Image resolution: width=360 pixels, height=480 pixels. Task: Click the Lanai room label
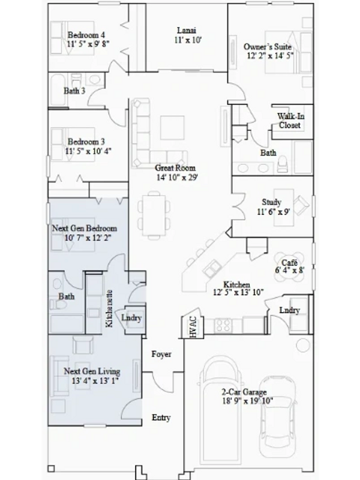[187, 31]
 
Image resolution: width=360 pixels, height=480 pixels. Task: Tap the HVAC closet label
[193, 327]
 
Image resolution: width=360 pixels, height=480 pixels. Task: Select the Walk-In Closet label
[290, 121]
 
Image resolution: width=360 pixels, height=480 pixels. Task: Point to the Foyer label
[161, 354]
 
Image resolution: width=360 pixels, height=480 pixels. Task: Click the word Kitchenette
[109, 308]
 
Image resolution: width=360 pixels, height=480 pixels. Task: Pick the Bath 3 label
[74, 91]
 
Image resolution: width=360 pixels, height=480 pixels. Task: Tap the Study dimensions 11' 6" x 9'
[274, 212]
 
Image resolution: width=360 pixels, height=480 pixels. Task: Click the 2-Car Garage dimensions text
[247, 401]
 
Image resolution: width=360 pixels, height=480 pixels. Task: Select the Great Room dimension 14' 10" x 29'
[177, 177]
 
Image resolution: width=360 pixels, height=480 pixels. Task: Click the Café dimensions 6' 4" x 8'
[290, 271]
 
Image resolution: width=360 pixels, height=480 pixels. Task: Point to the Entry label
[161, 418]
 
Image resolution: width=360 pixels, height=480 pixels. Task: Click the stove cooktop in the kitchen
[223, 325]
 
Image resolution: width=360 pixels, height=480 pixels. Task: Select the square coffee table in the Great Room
[172, 128]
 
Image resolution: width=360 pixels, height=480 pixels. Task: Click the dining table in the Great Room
[154, 215]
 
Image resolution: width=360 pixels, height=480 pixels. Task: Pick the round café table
[290, 266]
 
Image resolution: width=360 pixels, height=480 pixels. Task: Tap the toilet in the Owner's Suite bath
[283, 164]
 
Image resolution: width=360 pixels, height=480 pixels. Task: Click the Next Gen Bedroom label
[85, 229]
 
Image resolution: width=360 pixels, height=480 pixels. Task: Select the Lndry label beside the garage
[290, 310]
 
